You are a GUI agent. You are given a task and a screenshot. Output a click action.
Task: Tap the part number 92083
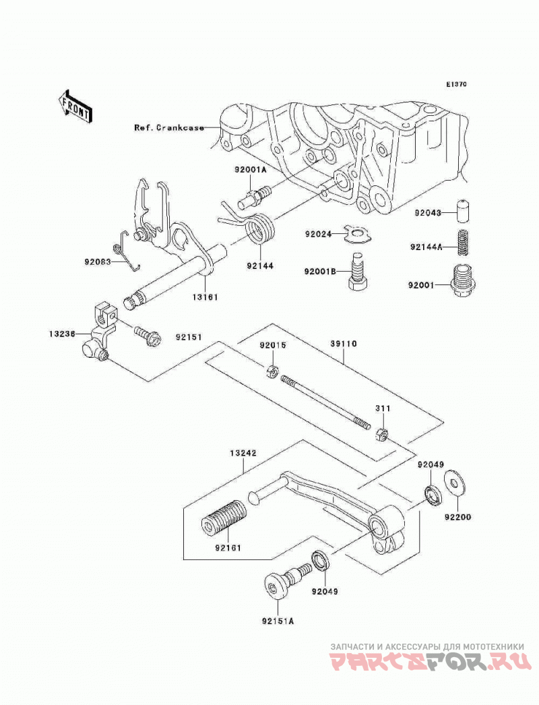point(97,262)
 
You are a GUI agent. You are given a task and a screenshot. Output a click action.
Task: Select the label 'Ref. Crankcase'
point(169,127)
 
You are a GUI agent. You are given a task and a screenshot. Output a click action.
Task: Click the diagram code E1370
point(457,84)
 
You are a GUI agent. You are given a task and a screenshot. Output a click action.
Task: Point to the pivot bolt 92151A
point(286,582)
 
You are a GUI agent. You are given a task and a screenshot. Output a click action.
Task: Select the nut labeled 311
point(381,435)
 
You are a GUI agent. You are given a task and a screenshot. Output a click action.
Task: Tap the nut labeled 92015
point(272,371)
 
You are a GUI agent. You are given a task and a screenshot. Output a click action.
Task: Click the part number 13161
point(205,297)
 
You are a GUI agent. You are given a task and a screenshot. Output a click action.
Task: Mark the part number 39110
point(343,344)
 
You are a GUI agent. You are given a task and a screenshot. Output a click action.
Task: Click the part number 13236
point(63,334)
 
